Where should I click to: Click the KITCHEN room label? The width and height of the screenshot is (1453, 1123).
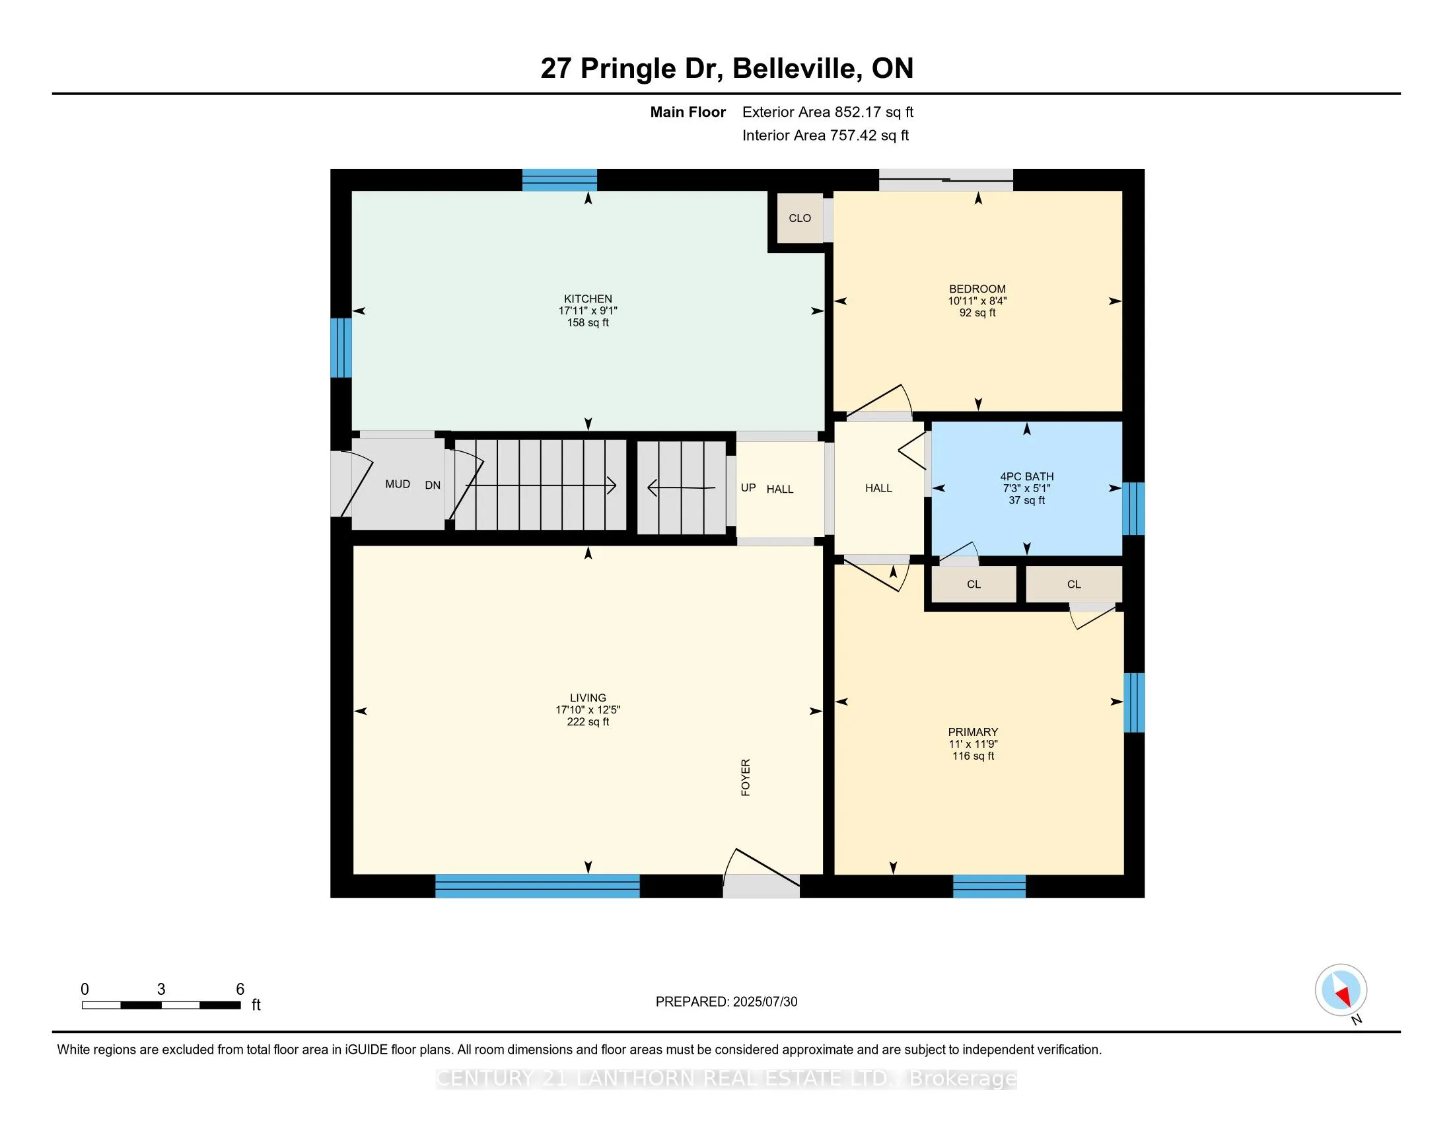coord(587,299)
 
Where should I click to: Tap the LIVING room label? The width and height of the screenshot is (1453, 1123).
coord(587,698)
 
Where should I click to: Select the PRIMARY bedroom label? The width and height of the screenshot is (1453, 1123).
coord(973,732)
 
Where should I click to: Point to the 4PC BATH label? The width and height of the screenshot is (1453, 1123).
coord(1026,476)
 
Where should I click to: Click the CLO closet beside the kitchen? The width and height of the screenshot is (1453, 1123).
coord(800,218)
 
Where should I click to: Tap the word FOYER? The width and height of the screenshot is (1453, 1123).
coord(746,777)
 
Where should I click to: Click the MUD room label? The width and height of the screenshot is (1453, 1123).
coord(398,484)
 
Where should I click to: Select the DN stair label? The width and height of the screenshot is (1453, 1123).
coord(433,485)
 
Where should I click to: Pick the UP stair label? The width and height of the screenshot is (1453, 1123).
coord(748,488)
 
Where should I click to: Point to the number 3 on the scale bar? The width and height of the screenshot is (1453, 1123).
coord(161,990)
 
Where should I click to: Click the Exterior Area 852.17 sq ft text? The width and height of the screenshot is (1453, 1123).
coord(828,112)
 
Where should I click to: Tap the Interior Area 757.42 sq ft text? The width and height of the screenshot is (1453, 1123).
coord(826,135)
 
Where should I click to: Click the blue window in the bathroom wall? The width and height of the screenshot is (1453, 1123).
coord(1133,509)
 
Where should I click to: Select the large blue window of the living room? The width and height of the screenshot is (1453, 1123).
coord(538,886)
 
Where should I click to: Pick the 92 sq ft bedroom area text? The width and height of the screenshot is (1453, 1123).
coord(977,312)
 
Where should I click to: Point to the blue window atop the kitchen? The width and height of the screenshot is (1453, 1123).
coord(559,180)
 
